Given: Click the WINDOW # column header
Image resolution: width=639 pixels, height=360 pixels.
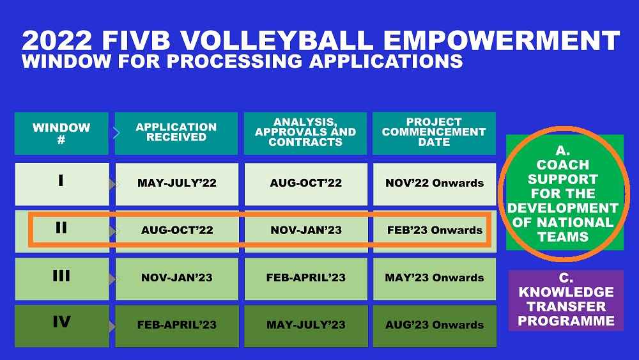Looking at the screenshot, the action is [x=61, y=133].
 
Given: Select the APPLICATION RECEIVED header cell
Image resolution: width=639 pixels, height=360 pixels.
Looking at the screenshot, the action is [x=176, y=133].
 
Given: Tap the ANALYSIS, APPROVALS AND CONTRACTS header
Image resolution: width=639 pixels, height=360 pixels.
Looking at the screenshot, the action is [x=305, y=133].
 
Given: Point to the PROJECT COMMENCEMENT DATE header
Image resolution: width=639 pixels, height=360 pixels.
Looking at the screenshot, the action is [x=434, y=133].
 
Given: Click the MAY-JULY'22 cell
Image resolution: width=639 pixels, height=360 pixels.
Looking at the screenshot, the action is [x=177, y=184].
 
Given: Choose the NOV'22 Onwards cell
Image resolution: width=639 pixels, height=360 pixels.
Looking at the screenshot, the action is [x=435, y=184].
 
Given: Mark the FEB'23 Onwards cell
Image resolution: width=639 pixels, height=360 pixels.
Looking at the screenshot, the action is [x=435, y=231].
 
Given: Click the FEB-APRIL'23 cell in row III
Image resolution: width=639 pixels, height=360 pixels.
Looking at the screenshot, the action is [x=306, y=279].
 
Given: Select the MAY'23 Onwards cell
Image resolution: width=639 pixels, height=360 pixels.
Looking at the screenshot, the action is [x=435, y=279].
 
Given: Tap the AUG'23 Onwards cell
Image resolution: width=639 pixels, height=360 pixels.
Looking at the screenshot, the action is [x=435, y=326].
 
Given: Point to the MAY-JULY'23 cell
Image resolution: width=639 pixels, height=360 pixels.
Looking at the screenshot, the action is [x=306, y=326].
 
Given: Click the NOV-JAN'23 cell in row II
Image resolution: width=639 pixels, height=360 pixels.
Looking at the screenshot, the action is [x=306, y=231].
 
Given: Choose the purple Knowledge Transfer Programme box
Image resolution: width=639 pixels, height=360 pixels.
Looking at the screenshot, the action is [x=566, y=301].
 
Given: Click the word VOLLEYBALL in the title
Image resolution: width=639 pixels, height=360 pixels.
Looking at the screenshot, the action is [x=277, y=40].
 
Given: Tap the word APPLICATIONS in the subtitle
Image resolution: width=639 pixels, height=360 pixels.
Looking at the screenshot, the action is [x=386, y=61].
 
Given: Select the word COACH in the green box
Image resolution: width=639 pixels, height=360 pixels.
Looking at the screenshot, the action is [x=563, y=165].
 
